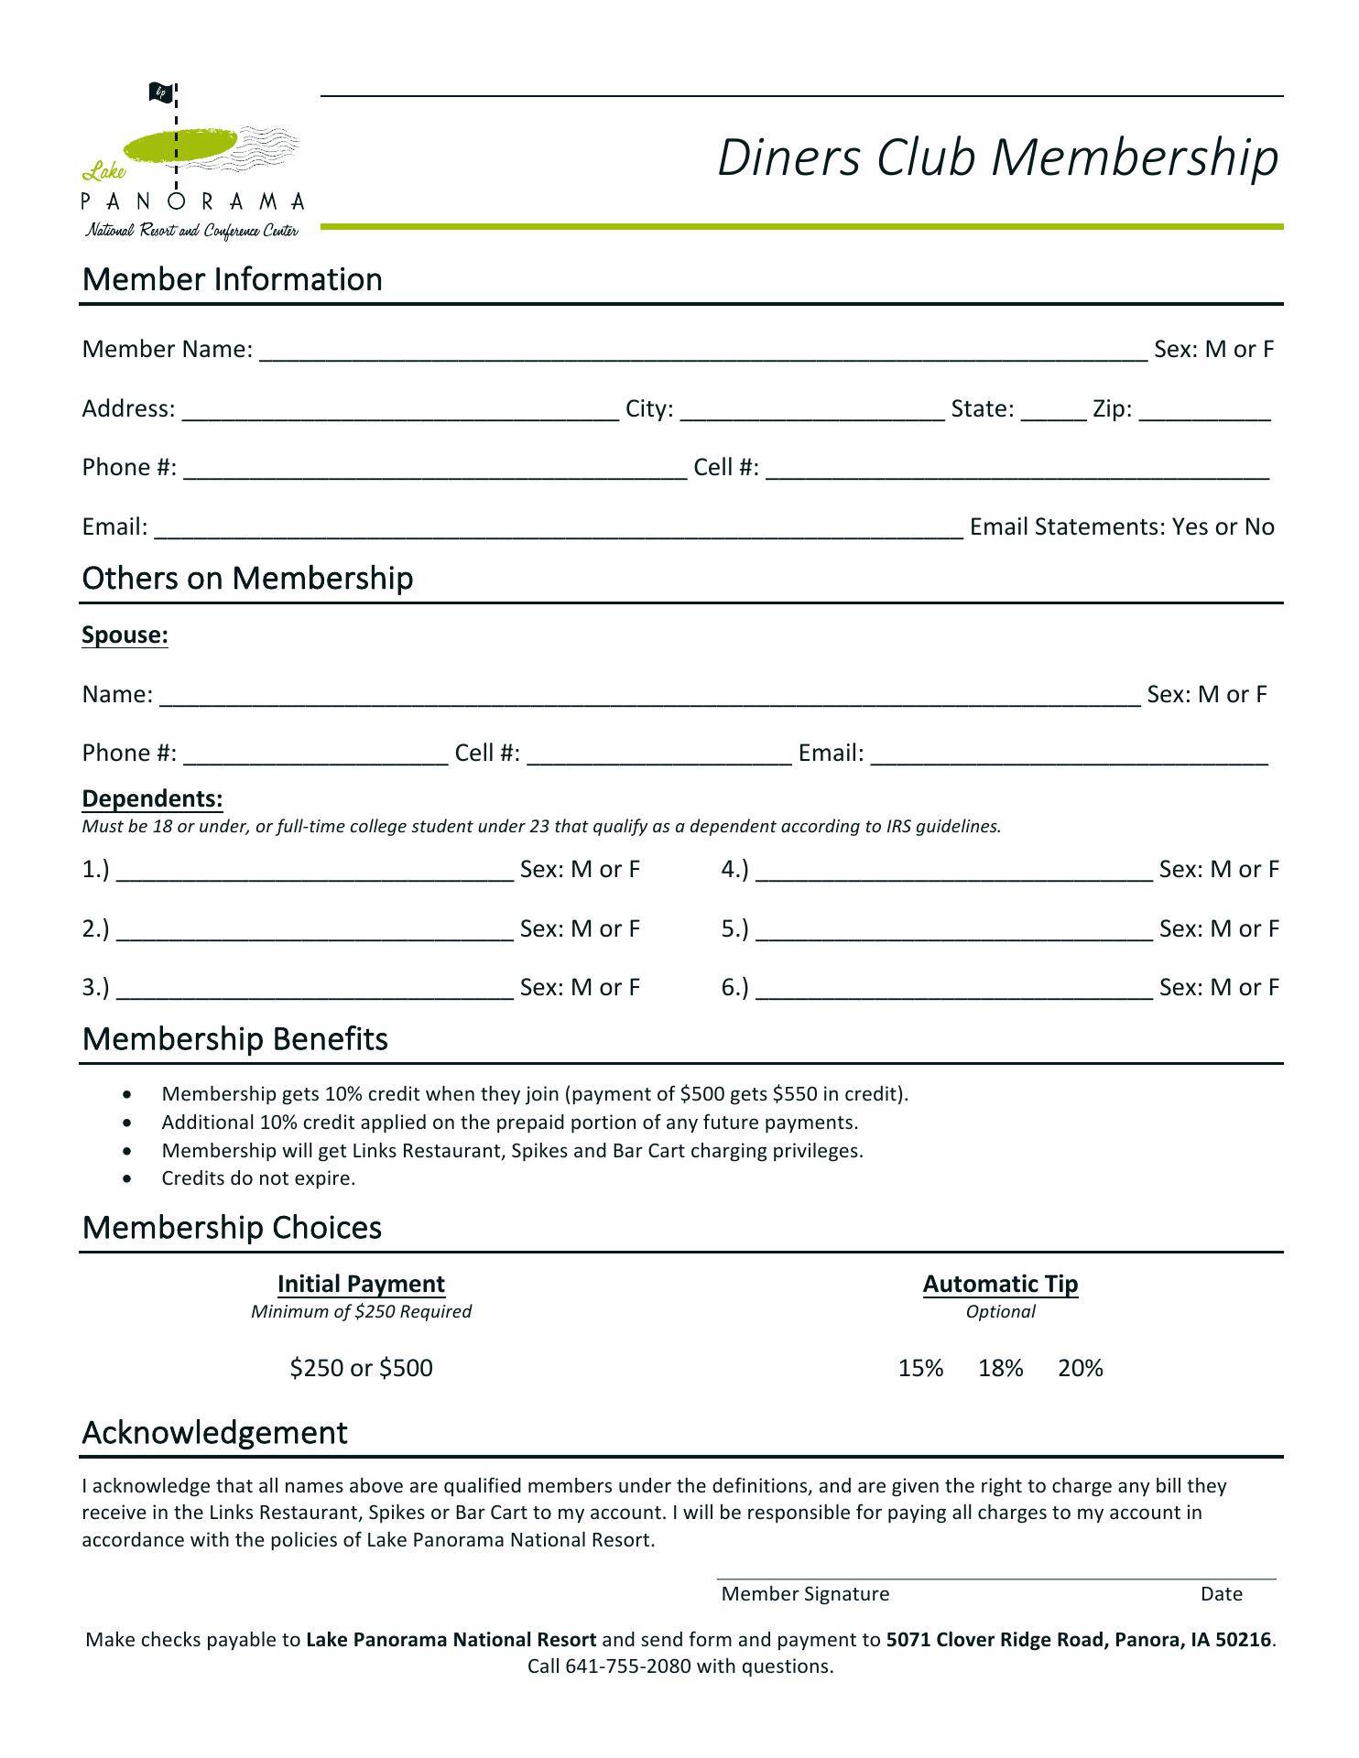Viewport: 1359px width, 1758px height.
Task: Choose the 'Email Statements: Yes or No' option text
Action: [1122, 526]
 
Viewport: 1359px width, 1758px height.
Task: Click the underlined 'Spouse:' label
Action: [125, 635]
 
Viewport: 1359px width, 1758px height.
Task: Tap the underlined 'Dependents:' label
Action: [152, 798]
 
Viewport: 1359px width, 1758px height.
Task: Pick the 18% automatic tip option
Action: [1000, 1368]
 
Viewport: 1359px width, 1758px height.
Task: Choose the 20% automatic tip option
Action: [1080, 1368]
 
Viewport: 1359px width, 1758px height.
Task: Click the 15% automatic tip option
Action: [920, 1368]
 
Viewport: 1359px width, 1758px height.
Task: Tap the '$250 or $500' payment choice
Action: [361, 1368]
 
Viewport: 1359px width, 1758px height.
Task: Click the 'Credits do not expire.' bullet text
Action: [258, 1178]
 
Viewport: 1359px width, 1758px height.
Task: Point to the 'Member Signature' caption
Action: [805, 1594]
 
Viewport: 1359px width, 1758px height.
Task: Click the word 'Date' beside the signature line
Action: [1221, 1594]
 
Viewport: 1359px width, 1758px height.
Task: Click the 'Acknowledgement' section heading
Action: [215, 1432]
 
